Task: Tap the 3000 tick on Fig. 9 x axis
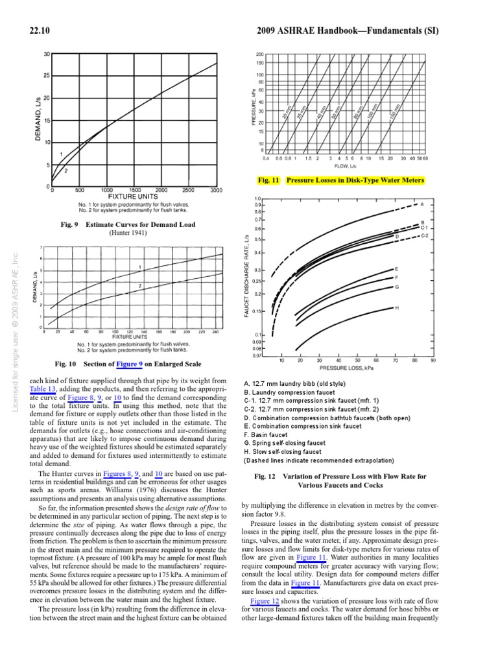[217, 191]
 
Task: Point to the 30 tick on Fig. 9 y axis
[46, 54]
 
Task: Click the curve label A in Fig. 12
[422, 204]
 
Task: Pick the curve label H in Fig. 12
[397, 307]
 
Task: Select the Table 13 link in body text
[43, 388]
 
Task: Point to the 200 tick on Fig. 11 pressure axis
[259, 54]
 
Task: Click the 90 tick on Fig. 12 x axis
[433, 360]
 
